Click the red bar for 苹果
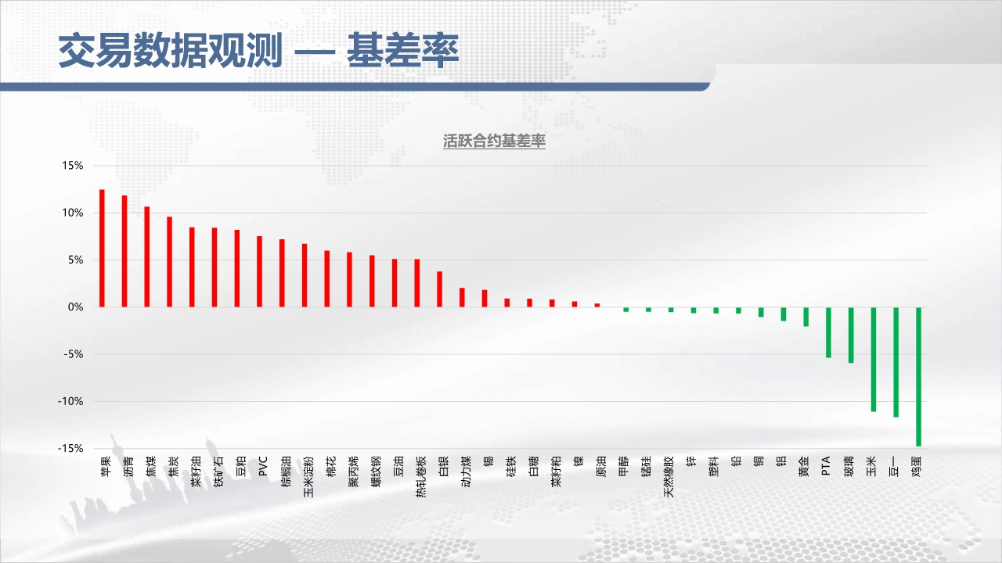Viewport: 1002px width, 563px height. (x=102, y=249)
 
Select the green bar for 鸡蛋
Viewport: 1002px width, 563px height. (x=918, y=377)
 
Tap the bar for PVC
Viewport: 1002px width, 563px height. (x=259, y=271)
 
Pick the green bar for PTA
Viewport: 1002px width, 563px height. (x=828, y=332)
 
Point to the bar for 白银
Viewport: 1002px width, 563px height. (x=440, y=289)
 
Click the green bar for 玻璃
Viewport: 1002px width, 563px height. (x=851, y=335)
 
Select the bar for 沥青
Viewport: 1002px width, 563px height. (x=124, y=251)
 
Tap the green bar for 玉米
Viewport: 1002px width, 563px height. (x=873, y=359)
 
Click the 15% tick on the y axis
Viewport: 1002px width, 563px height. (x=73, y=166)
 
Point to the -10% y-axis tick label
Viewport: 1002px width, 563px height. (x=70, y=401)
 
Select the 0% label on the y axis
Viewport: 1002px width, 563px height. (x=76, y=307)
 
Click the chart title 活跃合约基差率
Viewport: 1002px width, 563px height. (x=494, y=142)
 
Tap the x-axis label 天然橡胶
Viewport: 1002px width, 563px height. (x=669, y=477)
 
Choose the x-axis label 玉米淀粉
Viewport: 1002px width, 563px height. (x=308, y=477)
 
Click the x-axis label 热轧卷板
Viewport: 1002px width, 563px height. (x=421, y=477)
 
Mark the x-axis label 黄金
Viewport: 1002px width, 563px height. (x=803, y=466)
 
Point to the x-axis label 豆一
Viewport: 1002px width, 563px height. (x=893, y=466)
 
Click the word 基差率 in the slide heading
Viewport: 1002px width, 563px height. (x=403, y=50)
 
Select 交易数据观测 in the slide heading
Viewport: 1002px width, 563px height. (x=171, y=50)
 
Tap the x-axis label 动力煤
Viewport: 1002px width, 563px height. (x=466, y=472)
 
